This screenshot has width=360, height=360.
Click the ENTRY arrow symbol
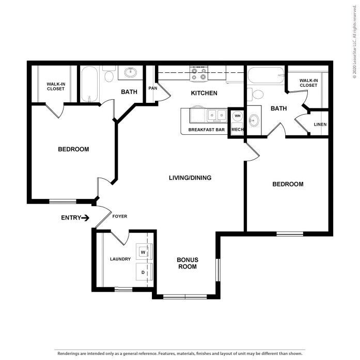(x=85, y=217)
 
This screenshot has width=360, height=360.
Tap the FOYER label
(x=119, y=216)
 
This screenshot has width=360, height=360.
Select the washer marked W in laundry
(x=143, y=252)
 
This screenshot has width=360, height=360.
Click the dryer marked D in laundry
(x=143, y=270)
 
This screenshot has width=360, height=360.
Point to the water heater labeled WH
(x=237, y=116)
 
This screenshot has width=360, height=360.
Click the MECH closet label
(x=237, y=130)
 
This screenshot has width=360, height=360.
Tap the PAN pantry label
(x=152, y=88)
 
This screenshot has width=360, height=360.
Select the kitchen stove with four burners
(x=198, y=73)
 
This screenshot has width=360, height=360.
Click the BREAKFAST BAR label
(x=206, y=130)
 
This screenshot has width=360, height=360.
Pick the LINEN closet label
(x=320, y=125)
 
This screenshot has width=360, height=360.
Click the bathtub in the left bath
(x=89, y=85)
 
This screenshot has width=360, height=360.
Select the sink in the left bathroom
(x=129, y=73)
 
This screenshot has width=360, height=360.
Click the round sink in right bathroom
(x=254, y=120)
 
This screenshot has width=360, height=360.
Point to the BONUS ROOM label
(x=187, y=263)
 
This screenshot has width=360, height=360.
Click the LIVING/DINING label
(x=190, y=178)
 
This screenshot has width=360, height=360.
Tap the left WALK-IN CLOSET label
(x=55, y=86)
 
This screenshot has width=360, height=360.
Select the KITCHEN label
(x=204, y=93)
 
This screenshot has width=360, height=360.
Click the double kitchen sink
(x=216, y=115)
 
